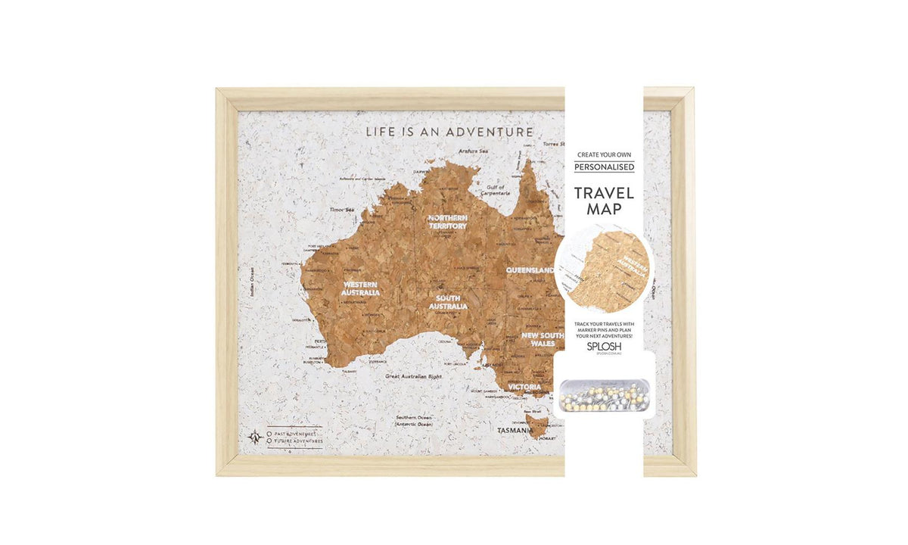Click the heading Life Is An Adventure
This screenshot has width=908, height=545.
pyautogui.click(x=449, y=132)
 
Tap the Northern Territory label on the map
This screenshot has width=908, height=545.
pyautogui.click(x=448, y=222)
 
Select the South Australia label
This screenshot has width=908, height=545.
pyautogui.click(x=448, y=303)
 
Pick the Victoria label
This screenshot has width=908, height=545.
pyautogui.click(x=525, y=387)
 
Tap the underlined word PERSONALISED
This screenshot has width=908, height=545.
pyautogui.click(x=604, y=167)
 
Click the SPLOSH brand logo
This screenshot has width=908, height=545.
pyautogui.click(x=604, y=344)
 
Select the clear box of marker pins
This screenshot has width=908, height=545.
pyautogui.click(x=604, y=394)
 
